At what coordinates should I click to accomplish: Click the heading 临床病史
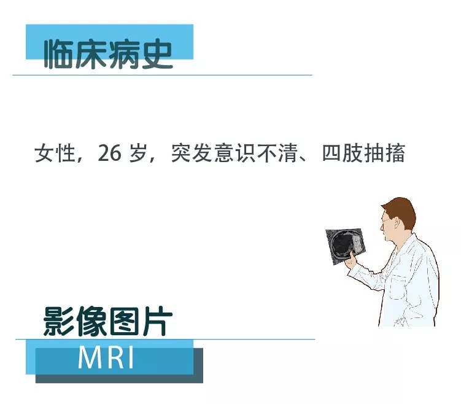coord(108,54)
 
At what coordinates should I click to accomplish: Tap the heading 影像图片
coord(107,321)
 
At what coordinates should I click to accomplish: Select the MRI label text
coord(106,357)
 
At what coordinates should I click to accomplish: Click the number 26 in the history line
coord(109,153)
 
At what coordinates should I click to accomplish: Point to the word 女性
coord(55,153)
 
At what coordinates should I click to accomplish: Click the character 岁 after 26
coord(138,153)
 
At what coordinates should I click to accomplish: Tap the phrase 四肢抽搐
coord(364,153)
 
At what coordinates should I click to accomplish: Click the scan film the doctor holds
coord(345,245)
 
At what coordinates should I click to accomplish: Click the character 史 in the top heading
coord(157,55)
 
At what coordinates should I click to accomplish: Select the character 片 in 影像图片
coord(158,321)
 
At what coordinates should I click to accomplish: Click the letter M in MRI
coord(89,357)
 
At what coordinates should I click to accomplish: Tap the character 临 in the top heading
coord(58,55)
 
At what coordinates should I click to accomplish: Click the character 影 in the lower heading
coord(58,321)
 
